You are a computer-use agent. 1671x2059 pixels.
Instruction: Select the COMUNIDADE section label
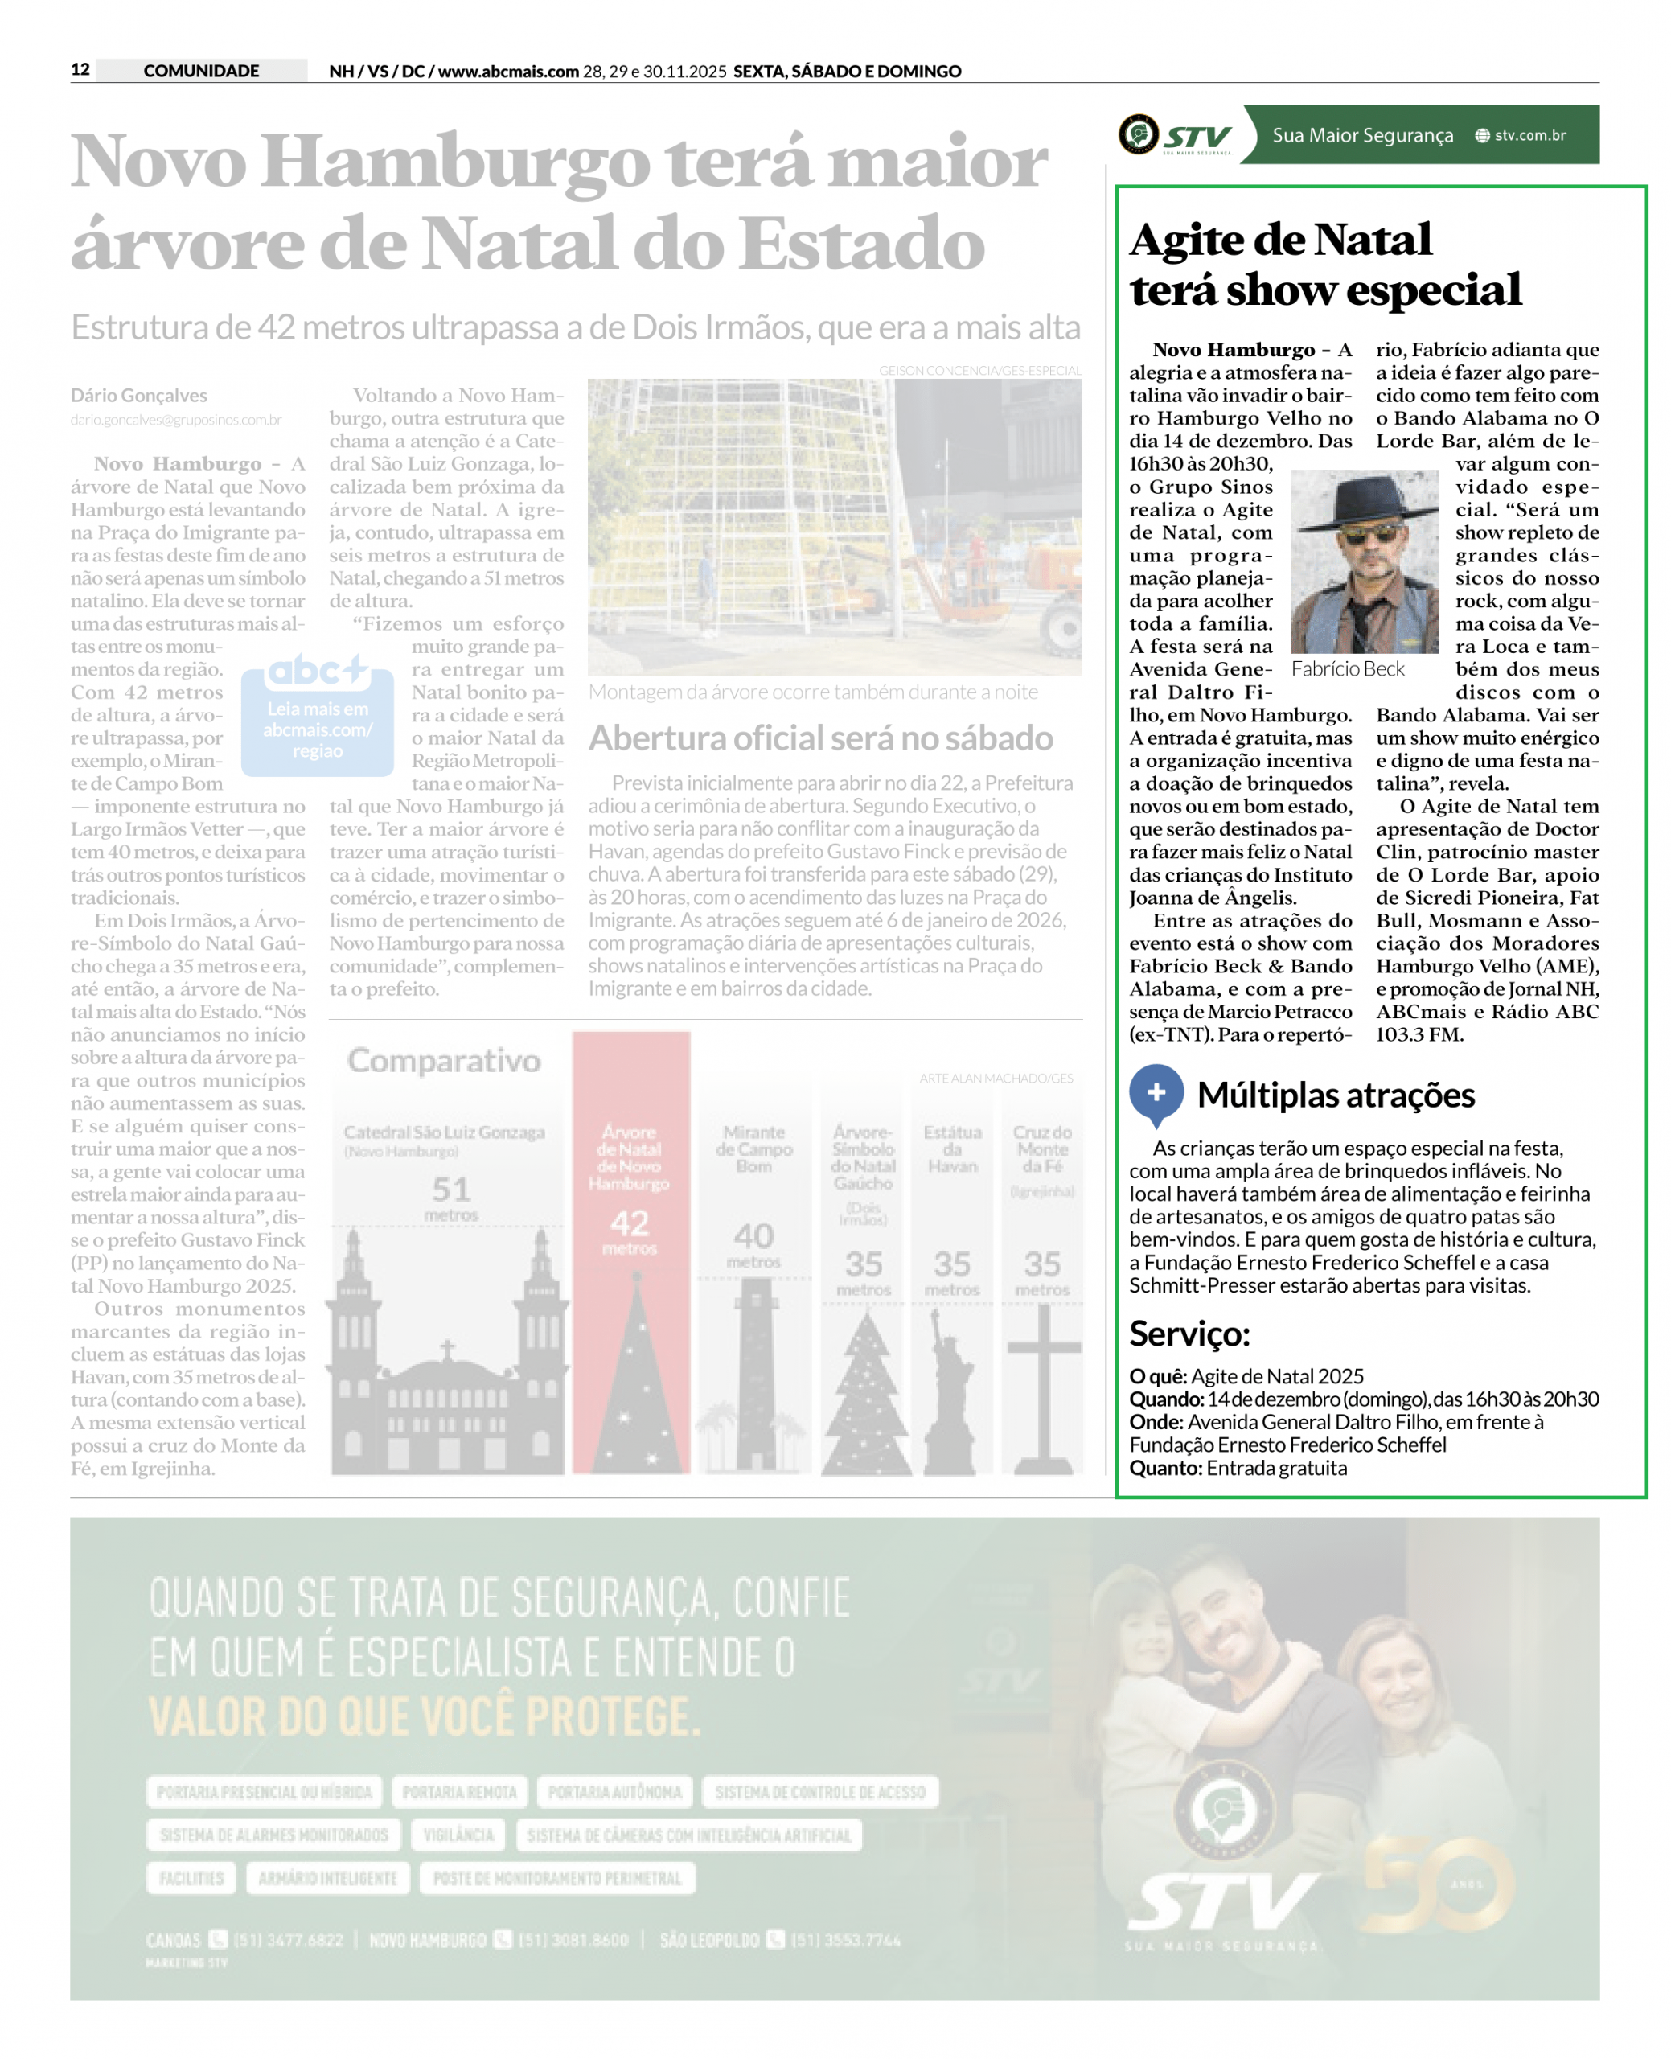click(201, 70)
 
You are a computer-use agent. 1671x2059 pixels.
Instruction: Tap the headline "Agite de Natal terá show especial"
click(1324, 264)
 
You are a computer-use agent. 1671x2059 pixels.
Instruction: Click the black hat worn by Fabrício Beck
click(1364, 498)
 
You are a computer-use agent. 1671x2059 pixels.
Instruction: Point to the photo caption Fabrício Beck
click(1348, 669)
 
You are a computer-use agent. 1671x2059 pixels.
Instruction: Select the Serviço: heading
click(1189, 1334)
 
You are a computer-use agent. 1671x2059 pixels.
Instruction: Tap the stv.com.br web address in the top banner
click(1529, 136)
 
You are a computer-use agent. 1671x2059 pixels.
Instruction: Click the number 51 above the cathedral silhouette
click(450, 1189)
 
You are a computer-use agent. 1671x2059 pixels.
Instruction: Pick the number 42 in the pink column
click(630, 1223)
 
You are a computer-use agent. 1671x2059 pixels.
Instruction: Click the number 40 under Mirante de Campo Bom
click(753, 1235)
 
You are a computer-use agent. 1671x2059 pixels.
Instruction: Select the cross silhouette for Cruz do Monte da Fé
click(1044, 1386)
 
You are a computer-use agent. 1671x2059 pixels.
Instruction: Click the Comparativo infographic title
click(444, 1060)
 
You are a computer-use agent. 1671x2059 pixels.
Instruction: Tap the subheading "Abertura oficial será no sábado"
click(820, 738)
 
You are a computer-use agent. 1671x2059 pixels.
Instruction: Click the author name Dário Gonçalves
click(138, 396)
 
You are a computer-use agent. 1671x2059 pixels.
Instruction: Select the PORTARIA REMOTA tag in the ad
click(459, 1791)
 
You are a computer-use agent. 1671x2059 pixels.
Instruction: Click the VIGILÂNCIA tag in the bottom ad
click(458, 1835)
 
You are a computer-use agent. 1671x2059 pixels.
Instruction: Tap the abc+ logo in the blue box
click(317, 670)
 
